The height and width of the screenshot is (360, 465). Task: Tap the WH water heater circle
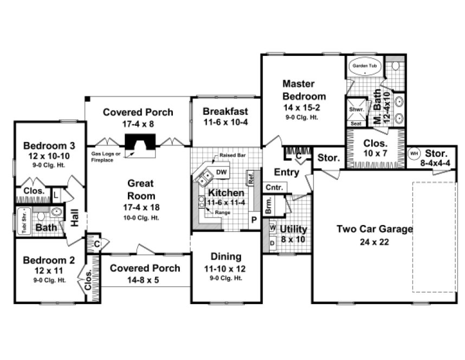[414, 154]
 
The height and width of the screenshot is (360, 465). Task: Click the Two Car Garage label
[374, 229]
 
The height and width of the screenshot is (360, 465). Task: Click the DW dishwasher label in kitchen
[221, 172]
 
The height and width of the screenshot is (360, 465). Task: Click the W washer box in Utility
[272, 228]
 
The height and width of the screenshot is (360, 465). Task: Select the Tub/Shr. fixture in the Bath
[23, 221]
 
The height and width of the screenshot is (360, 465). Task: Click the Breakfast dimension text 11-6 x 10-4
[225, 122]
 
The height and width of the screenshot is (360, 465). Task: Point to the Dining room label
[225, 257]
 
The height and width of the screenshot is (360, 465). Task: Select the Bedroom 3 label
[49, 145]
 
